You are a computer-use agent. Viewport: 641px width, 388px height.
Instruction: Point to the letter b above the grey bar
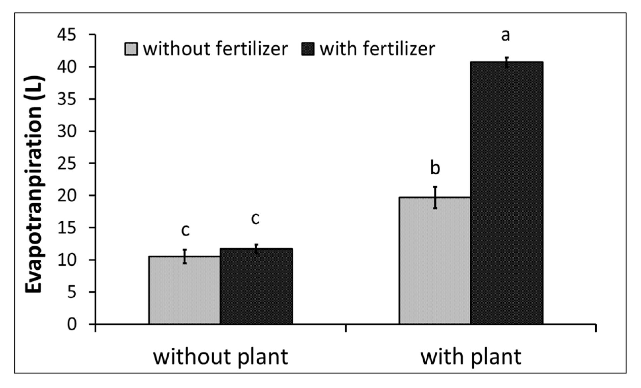point(435,168)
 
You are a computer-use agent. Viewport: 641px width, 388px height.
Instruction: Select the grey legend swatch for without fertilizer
point(131,49)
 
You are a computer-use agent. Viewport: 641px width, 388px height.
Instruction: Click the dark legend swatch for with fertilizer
point(307,49)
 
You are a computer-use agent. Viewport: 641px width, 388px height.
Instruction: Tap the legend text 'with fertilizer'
point(377,49)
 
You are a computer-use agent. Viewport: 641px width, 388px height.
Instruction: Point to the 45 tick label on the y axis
point(67,35)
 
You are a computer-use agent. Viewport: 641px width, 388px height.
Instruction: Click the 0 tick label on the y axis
point(72,324)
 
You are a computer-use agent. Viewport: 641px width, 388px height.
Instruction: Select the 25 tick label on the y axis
point(67,164)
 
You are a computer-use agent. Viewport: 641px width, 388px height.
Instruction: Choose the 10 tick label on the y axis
point(67,260)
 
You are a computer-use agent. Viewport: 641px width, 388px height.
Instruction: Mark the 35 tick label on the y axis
point(67,99)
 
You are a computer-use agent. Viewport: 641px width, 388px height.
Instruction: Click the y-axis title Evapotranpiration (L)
point(34,185)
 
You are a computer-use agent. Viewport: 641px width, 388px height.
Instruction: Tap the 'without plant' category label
point(220,357)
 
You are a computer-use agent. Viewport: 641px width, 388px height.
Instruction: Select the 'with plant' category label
point(471,357)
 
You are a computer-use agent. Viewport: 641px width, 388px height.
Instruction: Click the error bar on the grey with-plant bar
point(435,198)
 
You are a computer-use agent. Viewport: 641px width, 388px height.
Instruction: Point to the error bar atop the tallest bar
point(507,62)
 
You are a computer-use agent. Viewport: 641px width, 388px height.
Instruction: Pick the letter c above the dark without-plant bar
point(255,219)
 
